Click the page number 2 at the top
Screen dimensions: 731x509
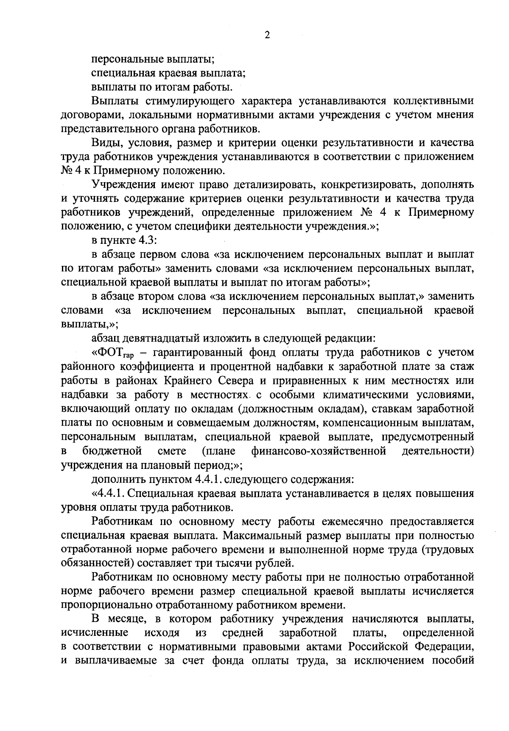267,35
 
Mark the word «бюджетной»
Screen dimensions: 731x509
112,451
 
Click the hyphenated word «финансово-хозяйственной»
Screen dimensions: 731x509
319,451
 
